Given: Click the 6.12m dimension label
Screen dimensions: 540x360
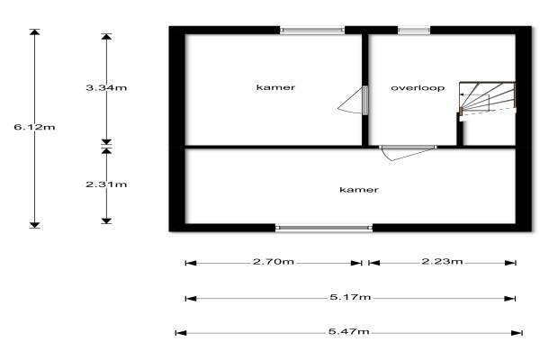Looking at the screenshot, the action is click(x=34, y=127).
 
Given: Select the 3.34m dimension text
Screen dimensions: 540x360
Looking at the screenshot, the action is click(x=106, y=87).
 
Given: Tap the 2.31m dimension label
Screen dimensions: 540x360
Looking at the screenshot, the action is click(x=106, y=184).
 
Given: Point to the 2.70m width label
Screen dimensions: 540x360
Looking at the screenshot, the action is click(x=274, y=262).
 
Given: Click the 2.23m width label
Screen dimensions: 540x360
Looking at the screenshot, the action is click(x=442, y=262).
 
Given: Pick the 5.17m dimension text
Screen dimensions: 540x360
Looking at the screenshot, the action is click(x=350, y=297).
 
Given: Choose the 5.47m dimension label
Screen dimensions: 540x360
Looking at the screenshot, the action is click(x=349, y=332).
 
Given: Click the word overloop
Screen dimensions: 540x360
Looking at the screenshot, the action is click(x=418, y=88).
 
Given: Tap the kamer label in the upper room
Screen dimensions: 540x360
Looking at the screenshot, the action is click(x=275, y=87).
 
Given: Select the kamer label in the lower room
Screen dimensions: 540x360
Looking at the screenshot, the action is click(x=359, y=190).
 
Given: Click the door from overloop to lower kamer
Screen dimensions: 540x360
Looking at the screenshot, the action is click(x=408, y=152).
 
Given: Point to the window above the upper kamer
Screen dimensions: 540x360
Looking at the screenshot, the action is click(x=312, y=31).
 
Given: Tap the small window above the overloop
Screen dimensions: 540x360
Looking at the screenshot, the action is click(x=414, y=31).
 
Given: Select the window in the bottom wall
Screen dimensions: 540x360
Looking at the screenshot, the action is click(x=324, y=228).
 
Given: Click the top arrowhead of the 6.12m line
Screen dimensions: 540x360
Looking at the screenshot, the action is click(x=34, y=32).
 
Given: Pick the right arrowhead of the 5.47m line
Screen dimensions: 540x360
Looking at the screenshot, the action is click(x=517, y=333).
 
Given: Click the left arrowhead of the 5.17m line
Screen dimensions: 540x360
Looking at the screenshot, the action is click(x=191, y=298).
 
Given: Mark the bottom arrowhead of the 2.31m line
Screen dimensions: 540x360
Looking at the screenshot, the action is click(x=106, y=220).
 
